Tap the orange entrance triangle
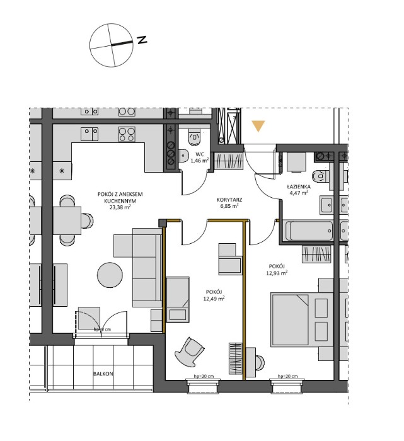tap(258, 126)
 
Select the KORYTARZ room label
tap(229, 198)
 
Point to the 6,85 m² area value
tap(229, 205)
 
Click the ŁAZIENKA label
tap(297, 187)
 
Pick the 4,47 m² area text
tap(298, 194)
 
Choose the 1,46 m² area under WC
tap(200, 161)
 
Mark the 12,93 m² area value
tap(277, 273)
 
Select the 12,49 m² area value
tap(215, 299)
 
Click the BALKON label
tap(103, 374)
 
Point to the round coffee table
tap(110, 274)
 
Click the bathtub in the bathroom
tap(309, 231)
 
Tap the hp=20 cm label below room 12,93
tap(287, 377)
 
